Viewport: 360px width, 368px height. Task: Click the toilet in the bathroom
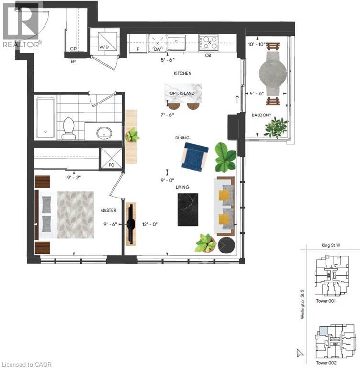tap(69, 128)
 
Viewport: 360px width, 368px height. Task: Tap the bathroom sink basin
tap(102, 133)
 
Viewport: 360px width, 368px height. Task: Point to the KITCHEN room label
tap(182, 74)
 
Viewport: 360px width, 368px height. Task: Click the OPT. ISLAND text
tap(182, 93)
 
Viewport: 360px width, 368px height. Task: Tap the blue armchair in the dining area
tap(195, 157)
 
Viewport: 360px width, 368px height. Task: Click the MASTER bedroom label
tap(109, 210)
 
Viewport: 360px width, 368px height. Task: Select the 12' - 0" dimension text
tap(149, 223)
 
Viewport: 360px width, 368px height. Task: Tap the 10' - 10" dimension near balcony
tap(256, 44)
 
